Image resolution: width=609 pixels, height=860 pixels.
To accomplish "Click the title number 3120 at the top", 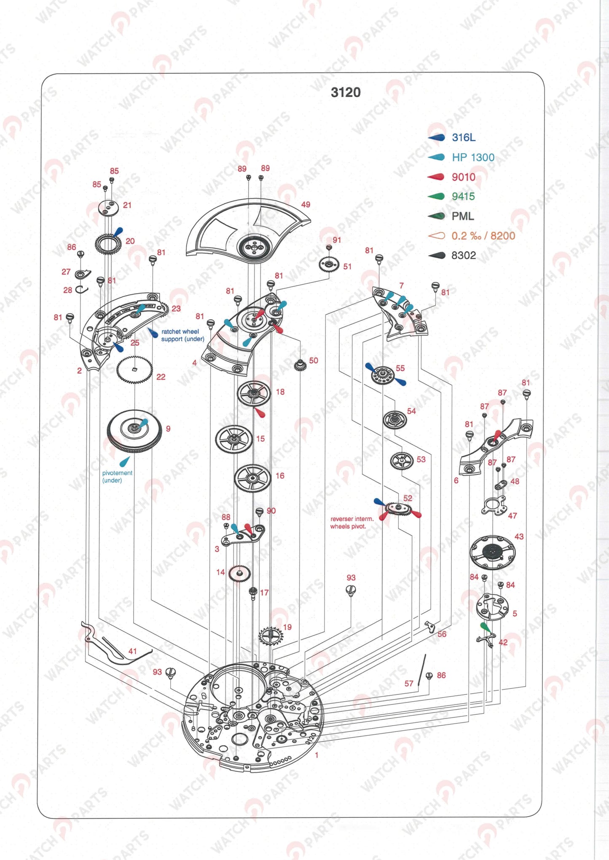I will (346, 92).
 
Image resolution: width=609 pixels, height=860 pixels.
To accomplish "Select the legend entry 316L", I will (463, 137).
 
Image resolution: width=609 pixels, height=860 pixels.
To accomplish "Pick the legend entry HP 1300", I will (473, 157).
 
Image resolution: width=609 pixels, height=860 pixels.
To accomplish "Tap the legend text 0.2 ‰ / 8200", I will (483, 235).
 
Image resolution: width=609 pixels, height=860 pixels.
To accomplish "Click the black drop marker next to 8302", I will (437, 255).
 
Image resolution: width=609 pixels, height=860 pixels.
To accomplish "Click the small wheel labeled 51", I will (329, 264).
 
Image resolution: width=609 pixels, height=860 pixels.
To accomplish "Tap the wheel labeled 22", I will (134, 370).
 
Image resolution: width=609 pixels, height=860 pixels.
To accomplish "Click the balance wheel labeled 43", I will (492, 550).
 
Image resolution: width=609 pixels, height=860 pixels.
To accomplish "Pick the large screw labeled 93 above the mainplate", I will (351, 590).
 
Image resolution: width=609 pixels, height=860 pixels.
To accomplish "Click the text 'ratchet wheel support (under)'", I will (182, 335).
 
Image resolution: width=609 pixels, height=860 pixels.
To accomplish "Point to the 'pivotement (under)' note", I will (117, 476).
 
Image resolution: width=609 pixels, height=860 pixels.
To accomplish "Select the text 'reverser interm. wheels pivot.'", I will (351, 523).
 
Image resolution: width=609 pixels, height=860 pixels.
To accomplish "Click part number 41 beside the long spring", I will (132, 651).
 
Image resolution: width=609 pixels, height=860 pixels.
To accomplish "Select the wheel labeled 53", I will (402, 461).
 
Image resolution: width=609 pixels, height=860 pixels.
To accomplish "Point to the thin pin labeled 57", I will (422, 670).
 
